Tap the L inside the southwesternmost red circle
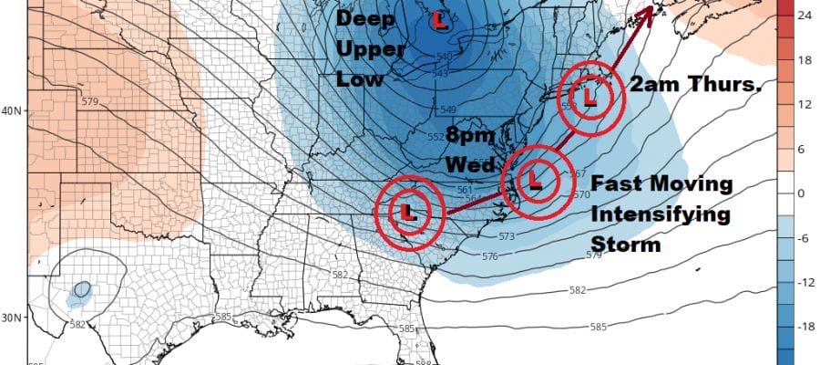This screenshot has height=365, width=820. [408, 213]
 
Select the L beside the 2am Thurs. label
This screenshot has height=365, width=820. [589, 95]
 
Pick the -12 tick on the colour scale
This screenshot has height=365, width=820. [805, 282]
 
